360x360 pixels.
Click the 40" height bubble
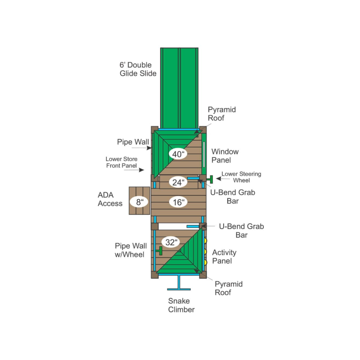pos(178,154)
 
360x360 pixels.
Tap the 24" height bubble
pos(178,182)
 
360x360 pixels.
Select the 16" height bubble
pos(178,202)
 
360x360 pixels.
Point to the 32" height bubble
pos(171,242)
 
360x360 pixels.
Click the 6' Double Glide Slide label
pos(138,69)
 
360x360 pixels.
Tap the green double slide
pos(179,88)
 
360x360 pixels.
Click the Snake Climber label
pos(181,305)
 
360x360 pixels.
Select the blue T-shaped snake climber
pos(179,283)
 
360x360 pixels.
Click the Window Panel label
pos(225,156)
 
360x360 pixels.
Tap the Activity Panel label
pos(224,256)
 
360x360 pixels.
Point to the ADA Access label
pos(110,199)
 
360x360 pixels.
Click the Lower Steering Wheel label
pos(241,177)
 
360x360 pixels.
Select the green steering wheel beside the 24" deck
pos(210,179)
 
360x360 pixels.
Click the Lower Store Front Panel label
pos(121,162)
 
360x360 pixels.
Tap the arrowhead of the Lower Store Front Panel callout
pos(142,170)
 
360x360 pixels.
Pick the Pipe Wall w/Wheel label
pos(130,250)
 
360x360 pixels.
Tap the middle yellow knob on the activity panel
pos(205,252)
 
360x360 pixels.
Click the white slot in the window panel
pos(204,154)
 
